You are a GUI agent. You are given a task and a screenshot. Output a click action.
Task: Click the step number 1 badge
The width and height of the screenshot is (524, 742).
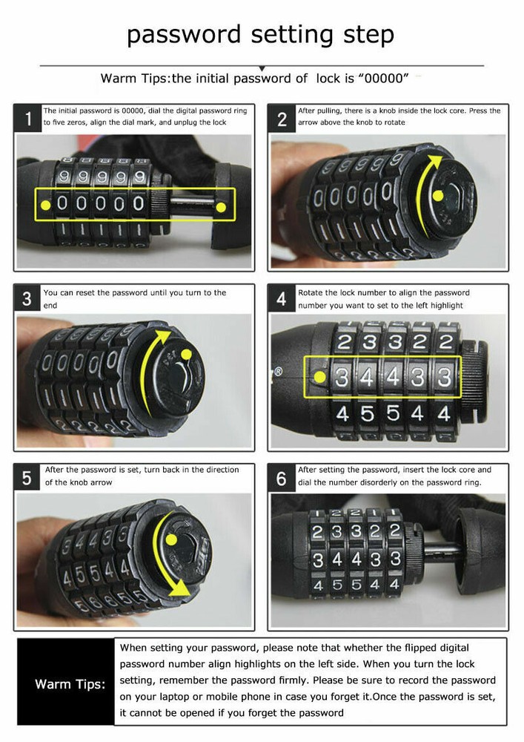[28, 119]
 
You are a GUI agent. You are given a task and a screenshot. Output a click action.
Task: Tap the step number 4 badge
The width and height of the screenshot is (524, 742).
[282, 299]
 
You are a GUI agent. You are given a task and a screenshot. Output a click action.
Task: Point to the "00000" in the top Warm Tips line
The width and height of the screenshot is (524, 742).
[387, 78]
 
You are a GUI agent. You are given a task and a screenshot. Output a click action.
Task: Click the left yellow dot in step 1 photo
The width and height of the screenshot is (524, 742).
[46, 203]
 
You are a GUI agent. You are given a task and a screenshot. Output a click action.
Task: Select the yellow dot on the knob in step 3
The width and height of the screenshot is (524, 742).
[182, 353]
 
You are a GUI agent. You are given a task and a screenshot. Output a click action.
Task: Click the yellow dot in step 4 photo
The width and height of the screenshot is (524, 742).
[319, 378]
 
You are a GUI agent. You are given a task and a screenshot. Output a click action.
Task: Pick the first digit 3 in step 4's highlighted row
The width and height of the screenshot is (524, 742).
[342, 376]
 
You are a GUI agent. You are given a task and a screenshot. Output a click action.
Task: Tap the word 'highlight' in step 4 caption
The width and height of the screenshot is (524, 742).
[442, 305]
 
